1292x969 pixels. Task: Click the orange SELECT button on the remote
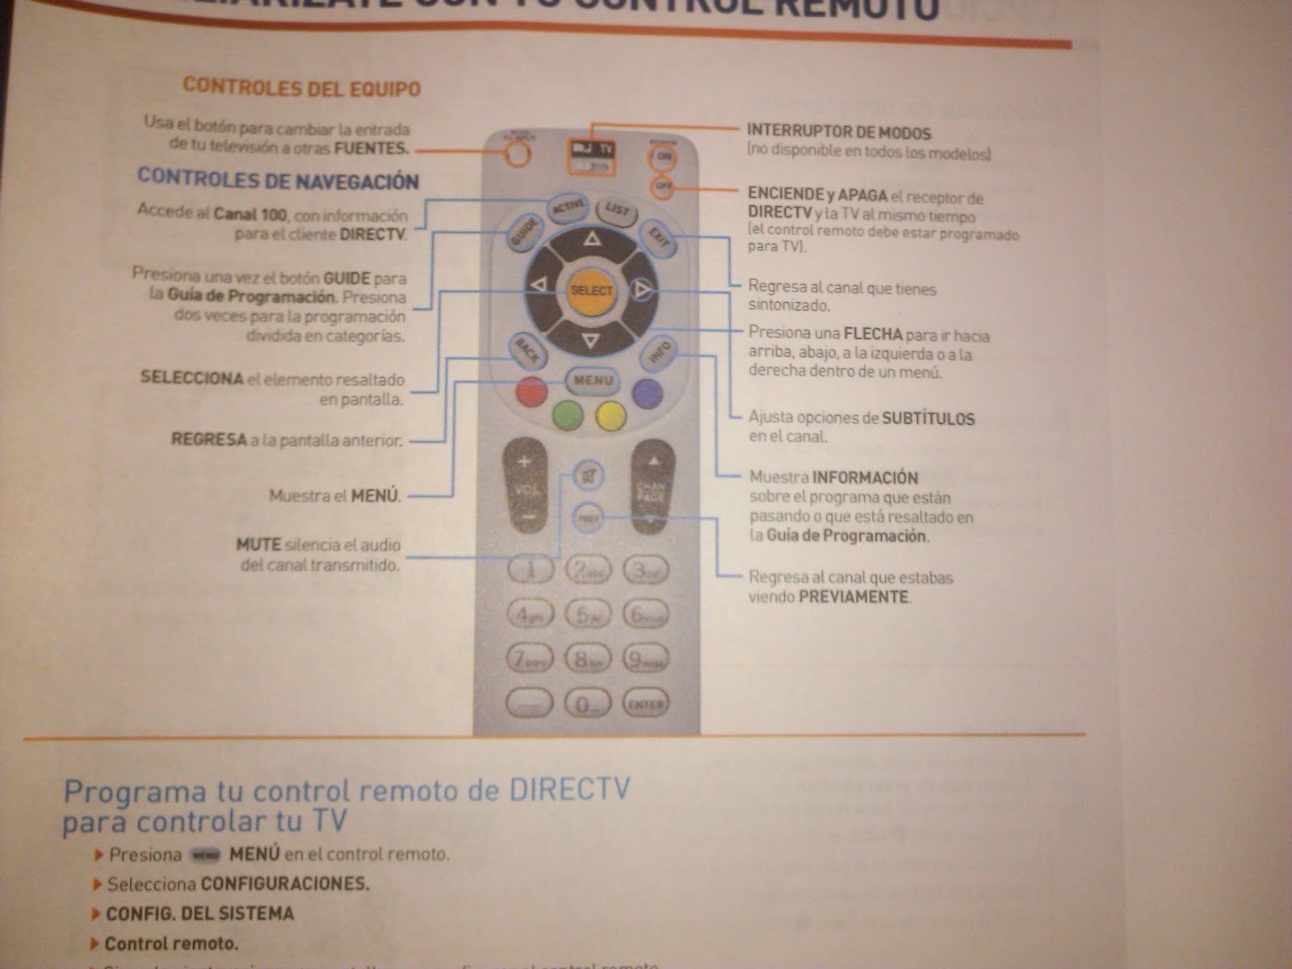(x=591, y=291)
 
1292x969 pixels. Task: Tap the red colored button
(x=531, y=392)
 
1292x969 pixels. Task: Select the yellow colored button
(x=611, y=416)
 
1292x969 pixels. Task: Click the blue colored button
(x=647, y=393)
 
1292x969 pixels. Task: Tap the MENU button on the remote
(x=593, y=380)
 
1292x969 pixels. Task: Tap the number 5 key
(x=587, y=615)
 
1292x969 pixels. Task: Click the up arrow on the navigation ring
(x=592, y=239)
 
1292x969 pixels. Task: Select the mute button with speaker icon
(x=589, y=476)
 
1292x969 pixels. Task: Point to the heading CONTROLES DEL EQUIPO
(x=301, y=87)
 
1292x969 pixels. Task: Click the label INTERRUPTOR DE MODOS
(x=838, y=132)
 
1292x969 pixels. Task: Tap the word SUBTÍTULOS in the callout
(x=928, y=418)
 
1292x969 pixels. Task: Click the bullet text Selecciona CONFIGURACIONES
(x=238, y=883)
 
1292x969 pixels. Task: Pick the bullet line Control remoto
(x=171, y=943)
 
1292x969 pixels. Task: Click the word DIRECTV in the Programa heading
(x=568, y=789)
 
